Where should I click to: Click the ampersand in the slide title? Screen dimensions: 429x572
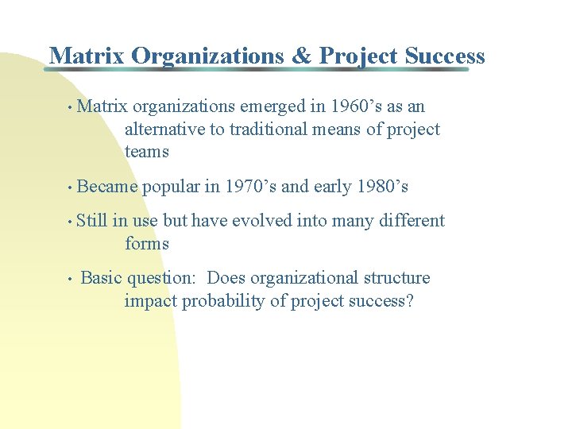(301, 56)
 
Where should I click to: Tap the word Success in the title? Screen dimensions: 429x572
(444, 56)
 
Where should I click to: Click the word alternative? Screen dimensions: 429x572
(164, 129)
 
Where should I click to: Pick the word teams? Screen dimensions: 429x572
(147, 152)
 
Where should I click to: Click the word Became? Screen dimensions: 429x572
(107, 187)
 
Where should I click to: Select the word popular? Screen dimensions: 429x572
(171, 187)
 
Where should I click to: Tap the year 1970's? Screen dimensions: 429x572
(251, 187)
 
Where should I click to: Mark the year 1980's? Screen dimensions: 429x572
(382, 187)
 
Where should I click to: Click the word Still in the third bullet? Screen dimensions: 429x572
(92, 221)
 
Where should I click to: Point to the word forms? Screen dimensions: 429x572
(147, 244)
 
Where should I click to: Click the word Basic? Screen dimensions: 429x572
(102, 278)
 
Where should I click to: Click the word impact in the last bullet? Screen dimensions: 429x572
(150, 302)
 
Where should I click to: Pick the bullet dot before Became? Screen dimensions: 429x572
(71, 188)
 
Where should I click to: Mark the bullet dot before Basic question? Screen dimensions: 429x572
(71, 280)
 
